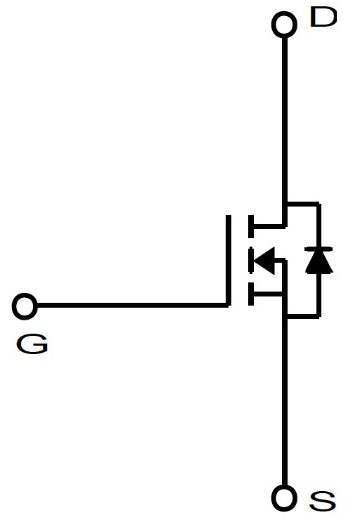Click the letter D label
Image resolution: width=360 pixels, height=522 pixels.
point(323,17)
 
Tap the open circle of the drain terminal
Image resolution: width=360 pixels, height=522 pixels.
point(284,13)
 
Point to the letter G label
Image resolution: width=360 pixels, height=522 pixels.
point(32,344)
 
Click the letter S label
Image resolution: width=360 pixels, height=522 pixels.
point(322,501)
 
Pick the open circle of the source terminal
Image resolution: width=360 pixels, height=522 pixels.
point(284,487)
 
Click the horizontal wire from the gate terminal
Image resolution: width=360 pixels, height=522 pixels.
point(133,306)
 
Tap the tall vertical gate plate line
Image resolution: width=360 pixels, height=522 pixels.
point(229,261)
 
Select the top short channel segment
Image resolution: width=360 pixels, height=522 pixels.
point(251,226)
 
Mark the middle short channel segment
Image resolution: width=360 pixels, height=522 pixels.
point(251,260)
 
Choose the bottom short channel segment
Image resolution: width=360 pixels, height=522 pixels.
point(251,294)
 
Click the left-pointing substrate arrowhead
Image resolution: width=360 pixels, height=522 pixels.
point(264,261)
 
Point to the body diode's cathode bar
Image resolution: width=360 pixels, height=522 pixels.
point(319,249)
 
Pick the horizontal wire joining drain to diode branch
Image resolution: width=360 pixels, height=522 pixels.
point(303,204)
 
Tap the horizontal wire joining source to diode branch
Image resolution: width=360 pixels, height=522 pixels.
point(303,315)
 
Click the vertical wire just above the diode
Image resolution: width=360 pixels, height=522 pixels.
point(319,225)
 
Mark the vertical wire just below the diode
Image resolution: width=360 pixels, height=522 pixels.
point(319,294)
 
